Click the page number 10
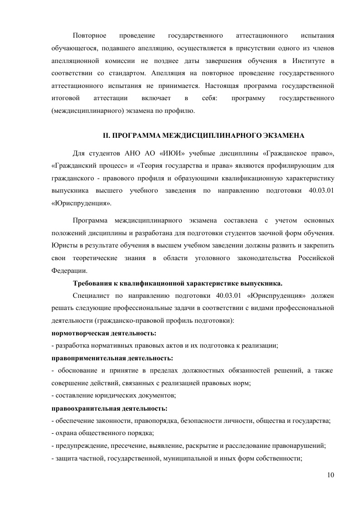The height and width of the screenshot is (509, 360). [330, 475]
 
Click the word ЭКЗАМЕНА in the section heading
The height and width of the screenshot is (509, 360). [281, 136]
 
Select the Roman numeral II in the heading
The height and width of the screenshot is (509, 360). [107, 136]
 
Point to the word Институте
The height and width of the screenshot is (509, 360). [308, 61]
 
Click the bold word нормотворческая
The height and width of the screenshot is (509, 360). [78, 333]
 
